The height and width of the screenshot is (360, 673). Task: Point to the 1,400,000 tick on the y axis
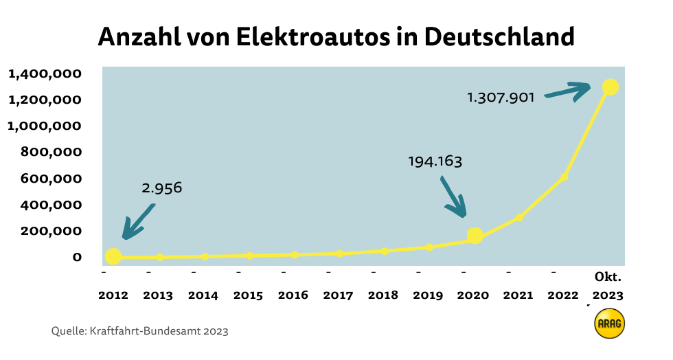click(45, 74)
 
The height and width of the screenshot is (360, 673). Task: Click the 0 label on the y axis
click(77, 257)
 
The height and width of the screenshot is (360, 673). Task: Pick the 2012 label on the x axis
click(113, 295)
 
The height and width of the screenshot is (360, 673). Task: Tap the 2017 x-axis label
click(338, 295)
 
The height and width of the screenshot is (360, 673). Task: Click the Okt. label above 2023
click(608, 278)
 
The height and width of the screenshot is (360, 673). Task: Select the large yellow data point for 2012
click(113, 256)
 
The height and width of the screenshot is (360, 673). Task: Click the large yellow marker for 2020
click(475, 236)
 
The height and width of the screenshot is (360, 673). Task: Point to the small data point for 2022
click(564, 177)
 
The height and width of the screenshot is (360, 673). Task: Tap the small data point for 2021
click(519, 218)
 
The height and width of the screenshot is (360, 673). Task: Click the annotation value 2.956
click(162, 188)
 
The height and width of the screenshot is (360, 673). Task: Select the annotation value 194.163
click(435, 162)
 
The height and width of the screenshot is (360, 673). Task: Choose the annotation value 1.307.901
click(501, 98)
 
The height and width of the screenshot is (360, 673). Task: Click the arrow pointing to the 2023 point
click(569, 91)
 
